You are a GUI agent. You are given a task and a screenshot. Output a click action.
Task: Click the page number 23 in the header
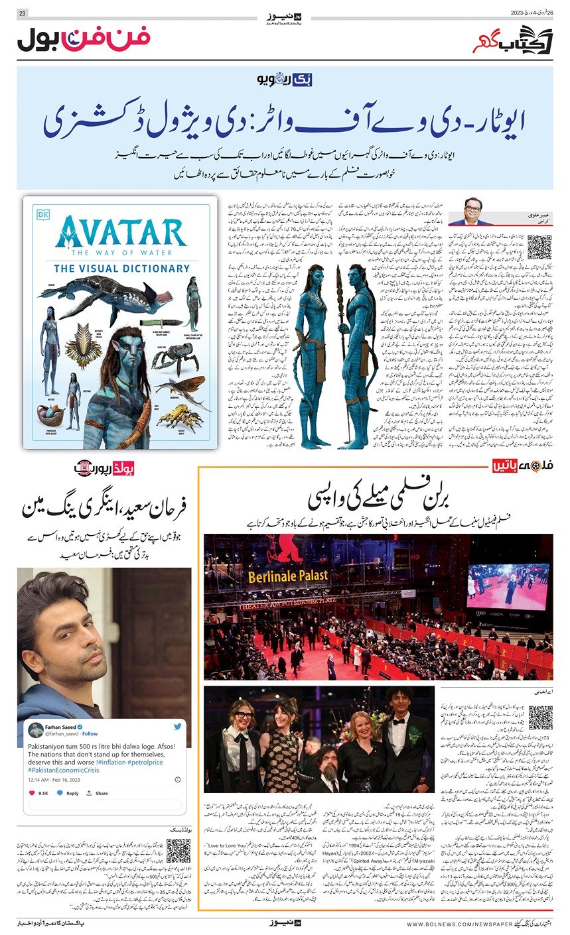[22, 13]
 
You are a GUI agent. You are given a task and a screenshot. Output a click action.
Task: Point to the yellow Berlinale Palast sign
[288, 576]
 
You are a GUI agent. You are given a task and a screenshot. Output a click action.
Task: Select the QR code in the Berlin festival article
[541, 717]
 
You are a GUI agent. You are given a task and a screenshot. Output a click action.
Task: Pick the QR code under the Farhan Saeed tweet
[178, 851]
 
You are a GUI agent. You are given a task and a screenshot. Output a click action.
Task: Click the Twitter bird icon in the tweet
[177, 727]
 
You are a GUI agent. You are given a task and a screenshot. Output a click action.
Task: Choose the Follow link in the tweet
[90, 734]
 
